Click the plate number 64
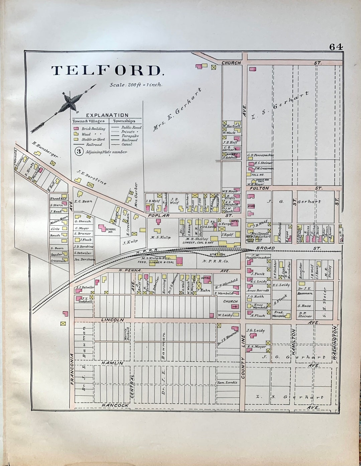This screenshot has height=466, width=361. pyautogui.click(x=336, y=47)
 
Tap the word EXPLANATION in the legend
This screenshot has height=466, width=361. pyautogui.click(x=107, y=115)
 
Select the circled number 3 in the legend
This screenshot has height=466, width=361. pyautogui.click(x=79, y=152)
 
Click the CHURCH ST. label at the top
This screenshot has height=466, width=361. pyautogui.click(x=231, y=63)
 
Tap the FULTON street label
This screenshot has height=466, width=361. pyautogui.click(x=259, y=188)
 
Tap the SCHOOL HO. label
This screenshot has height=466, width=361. pyautogui.click(x=111, y=230)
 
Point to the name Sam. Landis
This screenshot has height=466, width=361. pyautogui.click(x=227, y=382)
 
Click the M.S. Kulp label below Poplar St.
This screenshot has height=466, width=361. pyautogui.click(x=160, y=238)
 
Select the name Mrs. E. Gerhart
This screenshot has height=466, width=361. pyautogui.click(x=178, y=109)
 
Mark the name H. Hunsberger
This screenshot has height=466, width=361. pyautogui.click(x=45, y=149)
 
